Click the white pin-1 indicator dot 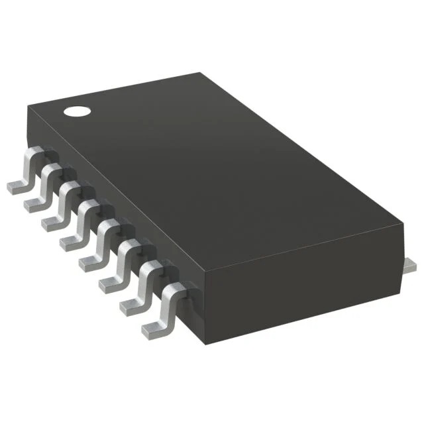pyautogui.click(x=76, y=111)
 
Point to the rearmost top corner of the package pyautogui.click(x=200, y=74)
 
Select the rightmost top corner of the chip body pyautogui.click(x=402, y=226)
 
